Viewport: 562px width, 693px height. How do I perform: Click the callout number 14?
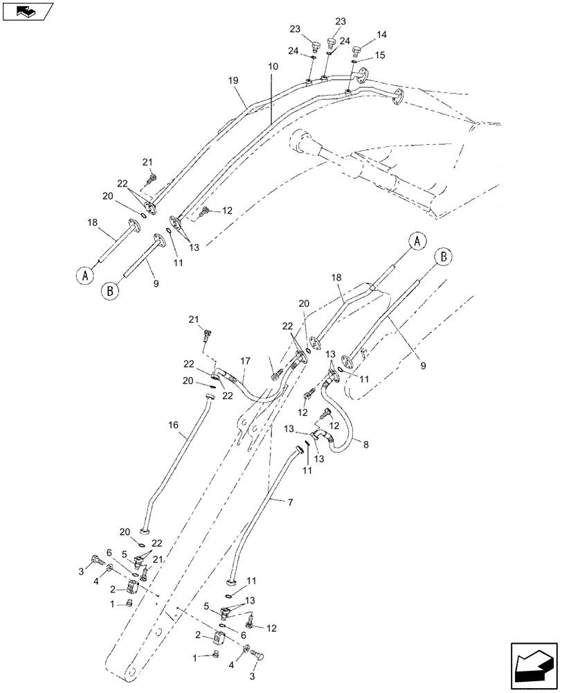click(382, 34)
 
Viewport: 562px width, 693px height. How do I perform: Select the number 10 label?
click(272, 67)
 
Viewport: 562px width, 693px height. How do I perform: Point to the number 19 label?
click(233, 80)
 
